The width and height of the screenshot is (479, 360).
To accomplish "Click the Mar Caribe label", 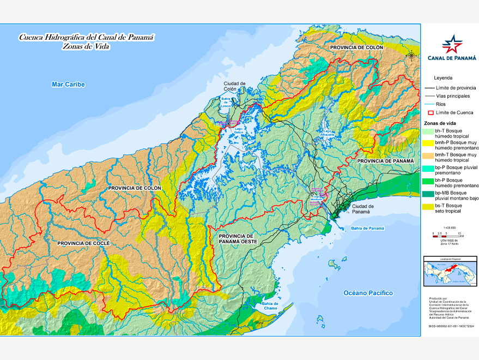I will click(x=68, y=85).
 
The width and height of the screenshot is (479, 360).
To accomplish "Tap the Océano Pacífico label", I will click(x=368, y=293).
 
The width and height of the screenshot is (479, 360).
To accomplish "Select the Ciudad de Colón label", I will click(x=234, y=86).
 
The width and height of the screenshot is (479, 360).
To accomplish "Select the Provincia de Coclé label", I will click(x=83, y=242).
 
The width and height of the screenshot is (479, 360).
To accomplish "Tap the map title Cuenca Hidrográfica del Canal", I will click(x=86, y=38).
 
